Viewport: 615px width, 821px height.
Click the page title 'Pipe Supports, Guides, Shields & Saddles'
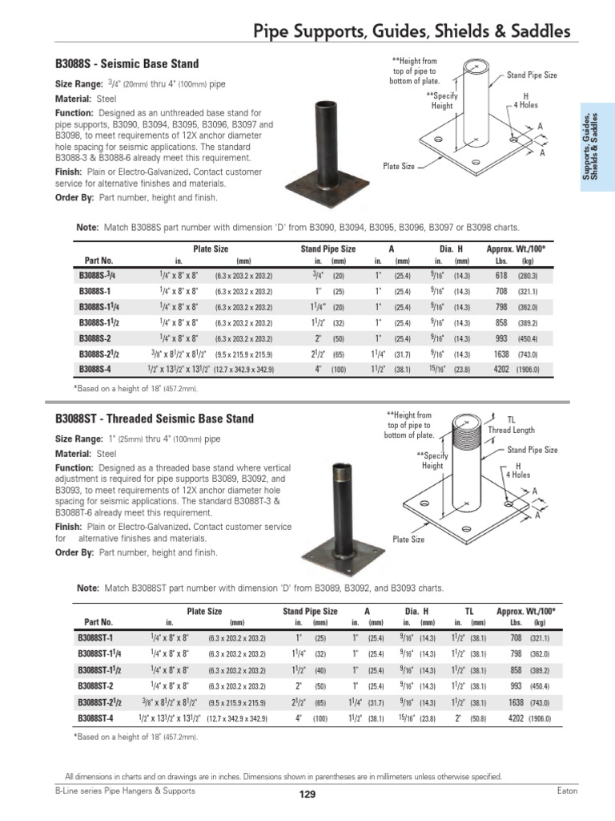[412, 31]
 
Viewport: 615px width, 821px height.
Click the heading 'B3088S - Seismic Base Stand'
[127, 64]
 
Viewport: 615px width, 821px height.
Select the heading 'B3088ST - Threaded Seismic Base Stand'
[155, 419]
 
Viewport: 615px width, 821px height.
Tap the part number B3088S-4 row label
[96, 370]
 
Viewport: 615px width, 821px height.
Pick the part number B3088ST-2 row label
[97, 687]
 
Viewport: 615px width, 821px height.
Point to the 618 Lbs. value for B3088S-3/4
[501, 275]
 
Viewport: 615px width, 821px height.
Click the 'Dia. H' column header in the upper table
[451, 249]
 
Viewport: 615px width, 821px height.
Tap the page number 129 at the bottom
[307, 795]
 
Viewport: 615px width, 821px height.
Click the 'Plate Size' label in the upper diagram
[399, 166]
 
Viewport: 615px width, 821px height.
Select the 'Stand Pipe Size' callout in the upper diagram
[533, 75]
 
